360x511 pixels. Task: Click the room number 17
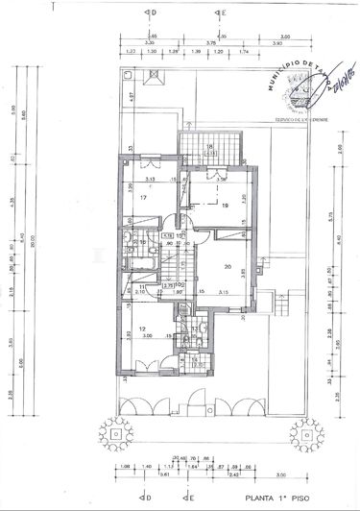[142, 198]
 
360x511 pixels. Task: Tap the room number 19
[225, 205]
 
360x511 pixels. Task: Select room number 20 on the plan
[228, 267]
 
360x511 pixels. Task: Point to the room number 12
[141, 329]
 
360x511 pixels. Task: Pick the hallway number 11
[142, 287]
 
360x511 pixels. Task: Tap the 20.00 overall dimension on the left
[30, 241]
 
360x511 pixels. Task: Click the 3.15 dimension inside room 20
[223, 292]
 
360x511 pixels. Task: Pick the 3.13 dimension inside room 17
[151, 179]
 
